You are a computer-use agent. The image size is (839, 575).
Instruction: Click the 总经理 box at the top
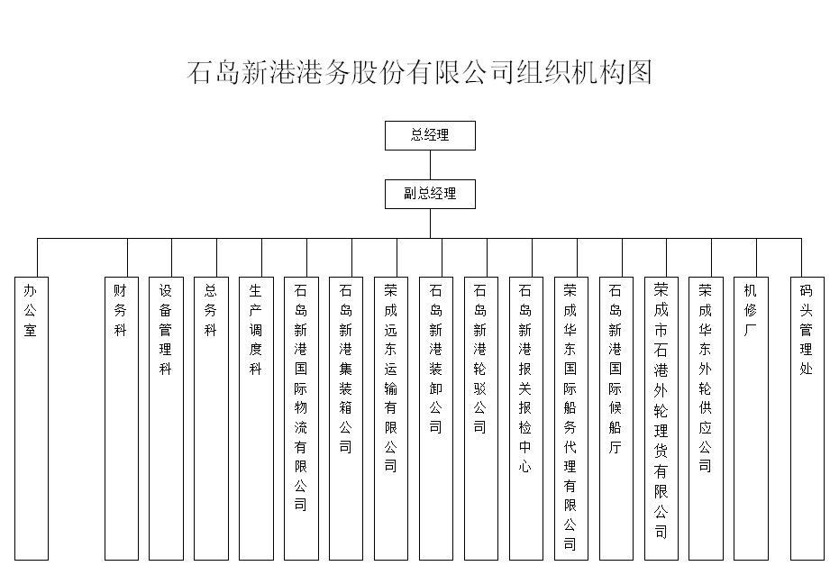[x=430, y=135]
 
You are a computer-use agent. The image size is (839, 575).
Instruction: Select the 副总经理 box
[x=430, y=194]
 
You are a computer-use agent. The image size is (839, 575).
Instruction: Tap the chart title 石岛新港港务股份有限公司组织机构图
[x=420, y=72]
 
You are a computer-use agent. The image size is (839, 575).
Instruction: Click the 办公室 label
[x=30, y=311]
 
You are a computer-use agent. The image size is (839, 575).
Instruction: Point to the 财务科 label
[x=120, y=311]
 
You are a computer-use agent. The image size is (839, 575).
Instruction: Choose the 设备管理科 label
[x=165, y=330]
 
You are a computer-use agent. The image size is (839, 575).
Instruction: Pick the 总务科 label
[x=210, y=311]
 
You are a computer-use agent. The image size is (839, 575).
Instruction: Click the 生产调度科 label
[x=255, y=330]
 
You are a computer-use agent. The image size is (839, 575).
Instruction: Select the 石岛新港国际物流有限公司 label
[x=301, y=398]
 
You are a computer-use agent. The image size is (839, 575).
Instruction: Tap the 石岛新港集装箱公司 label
[x=346, y=370]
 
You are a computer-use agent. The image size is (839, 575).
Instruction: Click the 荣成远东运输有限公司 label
[x=390, y=379]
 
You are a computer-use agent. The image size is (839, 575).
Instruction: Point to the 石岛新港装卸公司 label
[x=435, y=360]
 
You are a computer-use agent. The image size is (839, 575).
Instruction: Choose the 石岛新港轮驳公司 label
[x=480, y=360]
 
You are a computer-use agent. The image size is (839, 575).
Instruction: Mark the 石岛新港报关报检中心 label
[x=524, y=379]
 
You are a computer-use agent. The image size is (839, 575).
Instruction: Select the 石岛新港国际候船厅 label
[x=616, y=370]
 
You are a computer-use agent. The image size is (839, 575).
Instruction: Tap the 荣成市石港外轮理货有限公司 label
[x=661, y=411]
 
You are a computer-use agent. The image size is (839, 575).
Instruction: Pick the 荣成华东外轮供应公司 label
[x=706, y=379]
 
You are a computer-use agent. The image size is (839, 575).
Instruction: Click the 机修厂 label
[x=750, y=311]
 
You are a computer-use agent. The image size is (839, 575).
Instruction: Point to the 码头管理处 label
[x=807, y=330]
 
